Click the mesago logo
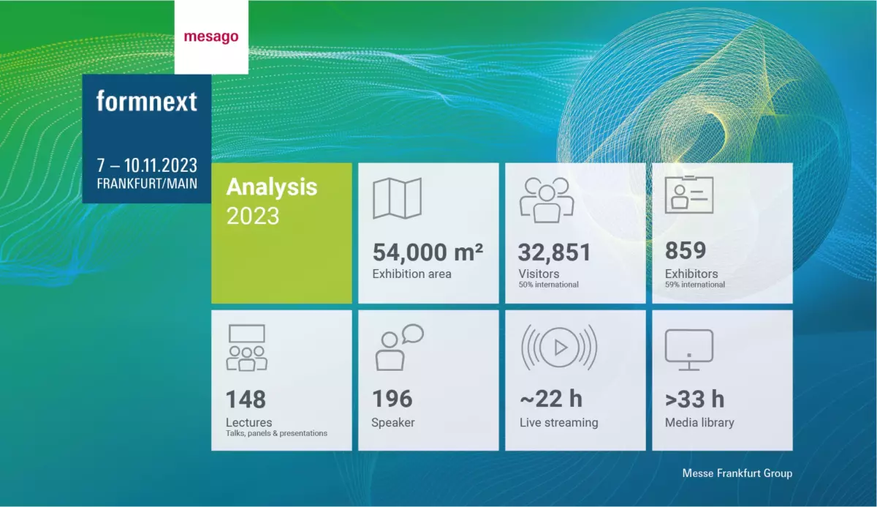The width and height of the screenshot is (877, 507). (x=210, y=37)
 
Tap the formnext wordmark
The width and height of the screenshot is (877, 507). (x=147, y=101)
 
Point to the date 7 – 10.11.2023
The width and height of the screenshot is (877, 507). (x=147, y=165)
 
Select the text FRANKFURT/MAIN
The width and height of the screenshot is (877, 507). (x=147, y=184)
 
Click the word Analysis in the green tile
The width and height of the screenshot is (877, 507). (x=272, y=187)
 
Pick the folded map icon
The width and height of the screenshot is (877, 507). (x=397, y=198)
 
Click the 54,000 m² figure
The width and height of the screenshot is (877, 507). (x=428, y=252)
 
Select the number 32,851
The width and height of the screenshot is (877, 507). (x=554, y=252)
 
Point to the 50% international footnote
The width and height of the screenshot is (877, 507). (x=548, y=285)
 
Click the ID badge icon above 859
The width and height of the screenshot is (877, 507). (x=688, y=196)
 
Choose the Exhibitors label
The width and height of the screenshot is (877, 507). (x=691, y=274)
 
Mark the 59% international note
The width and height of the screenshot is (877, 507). (x=694, y=285)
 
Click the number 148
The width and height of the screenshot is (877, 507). (x=246, y=399)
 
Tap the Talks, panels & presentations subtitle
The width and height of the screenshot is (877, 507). (x=276, y=433)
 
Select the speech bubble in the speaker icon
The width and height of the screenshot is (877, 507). (x=412, y=333)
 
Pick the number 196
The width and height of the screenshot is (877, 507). (x=392, y=399)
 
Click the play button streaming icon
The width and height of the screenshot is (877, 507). (x=559, y=348)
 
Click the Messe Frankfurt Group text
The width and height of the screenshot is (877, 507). (x=737, y=473)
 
